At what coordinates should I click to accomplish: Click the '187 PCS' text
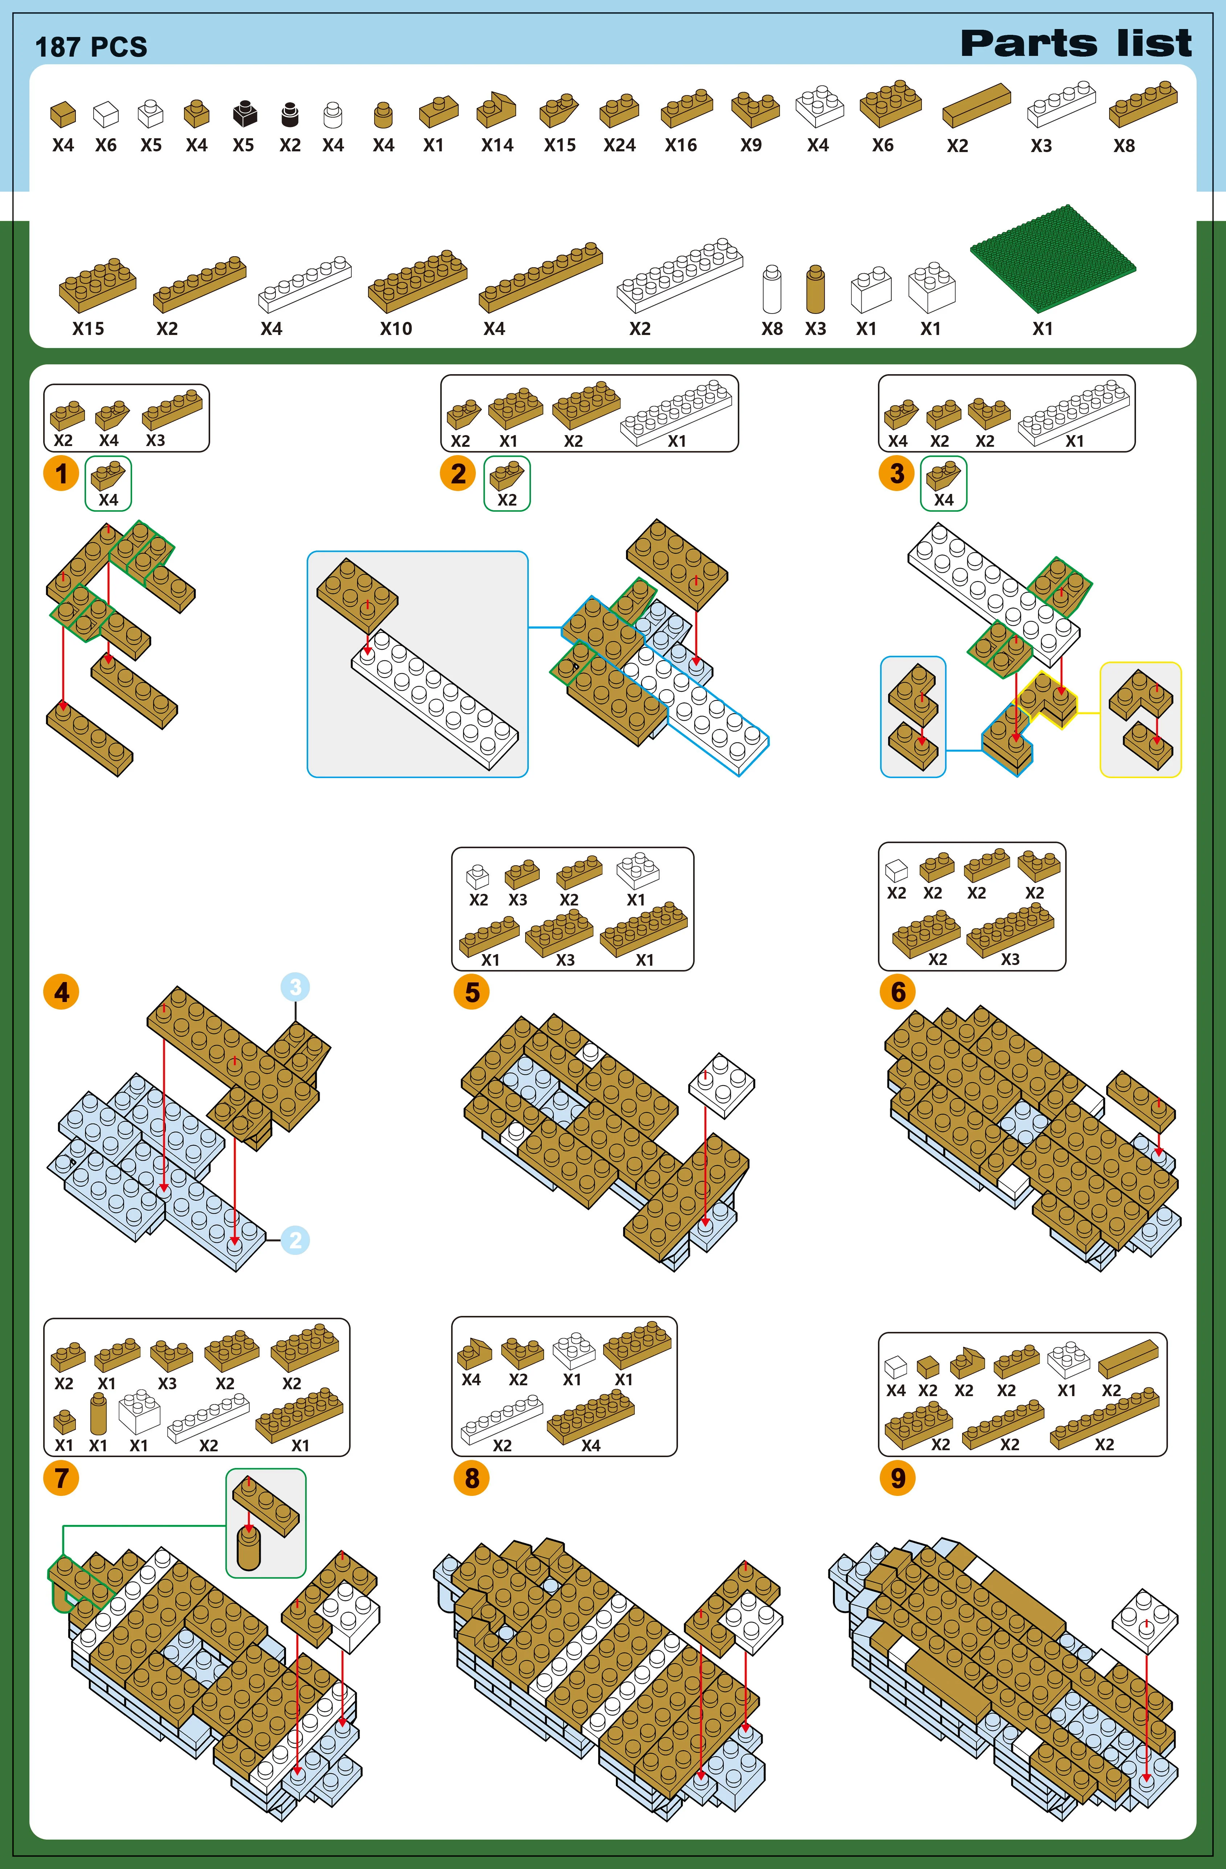(91, 47)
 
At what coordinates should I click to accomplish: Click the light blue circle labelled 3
(295, 987)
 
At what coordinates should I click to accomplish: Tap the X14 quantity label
(497, 145)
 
